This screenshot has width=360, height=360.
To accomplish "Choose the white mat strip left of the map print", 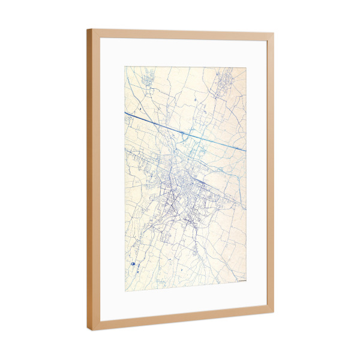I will (112, 180).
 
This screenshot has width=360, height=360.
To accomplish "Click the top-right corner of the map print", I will (246, 68).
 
